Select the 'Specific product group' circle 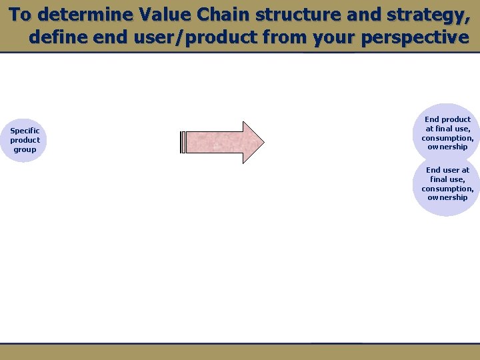tap(25, 140)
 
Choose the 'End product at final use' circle tap(447, 133)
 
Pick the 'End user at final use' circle tap(447, 184)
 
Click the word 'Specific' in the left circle tap(25, 131)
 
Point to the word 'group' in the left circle tap(25, 149)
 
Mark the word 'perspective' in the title tap(415, 37)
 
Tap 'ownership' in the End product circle tap(447, 147)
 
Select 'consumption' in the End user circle tap(447, 189)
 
